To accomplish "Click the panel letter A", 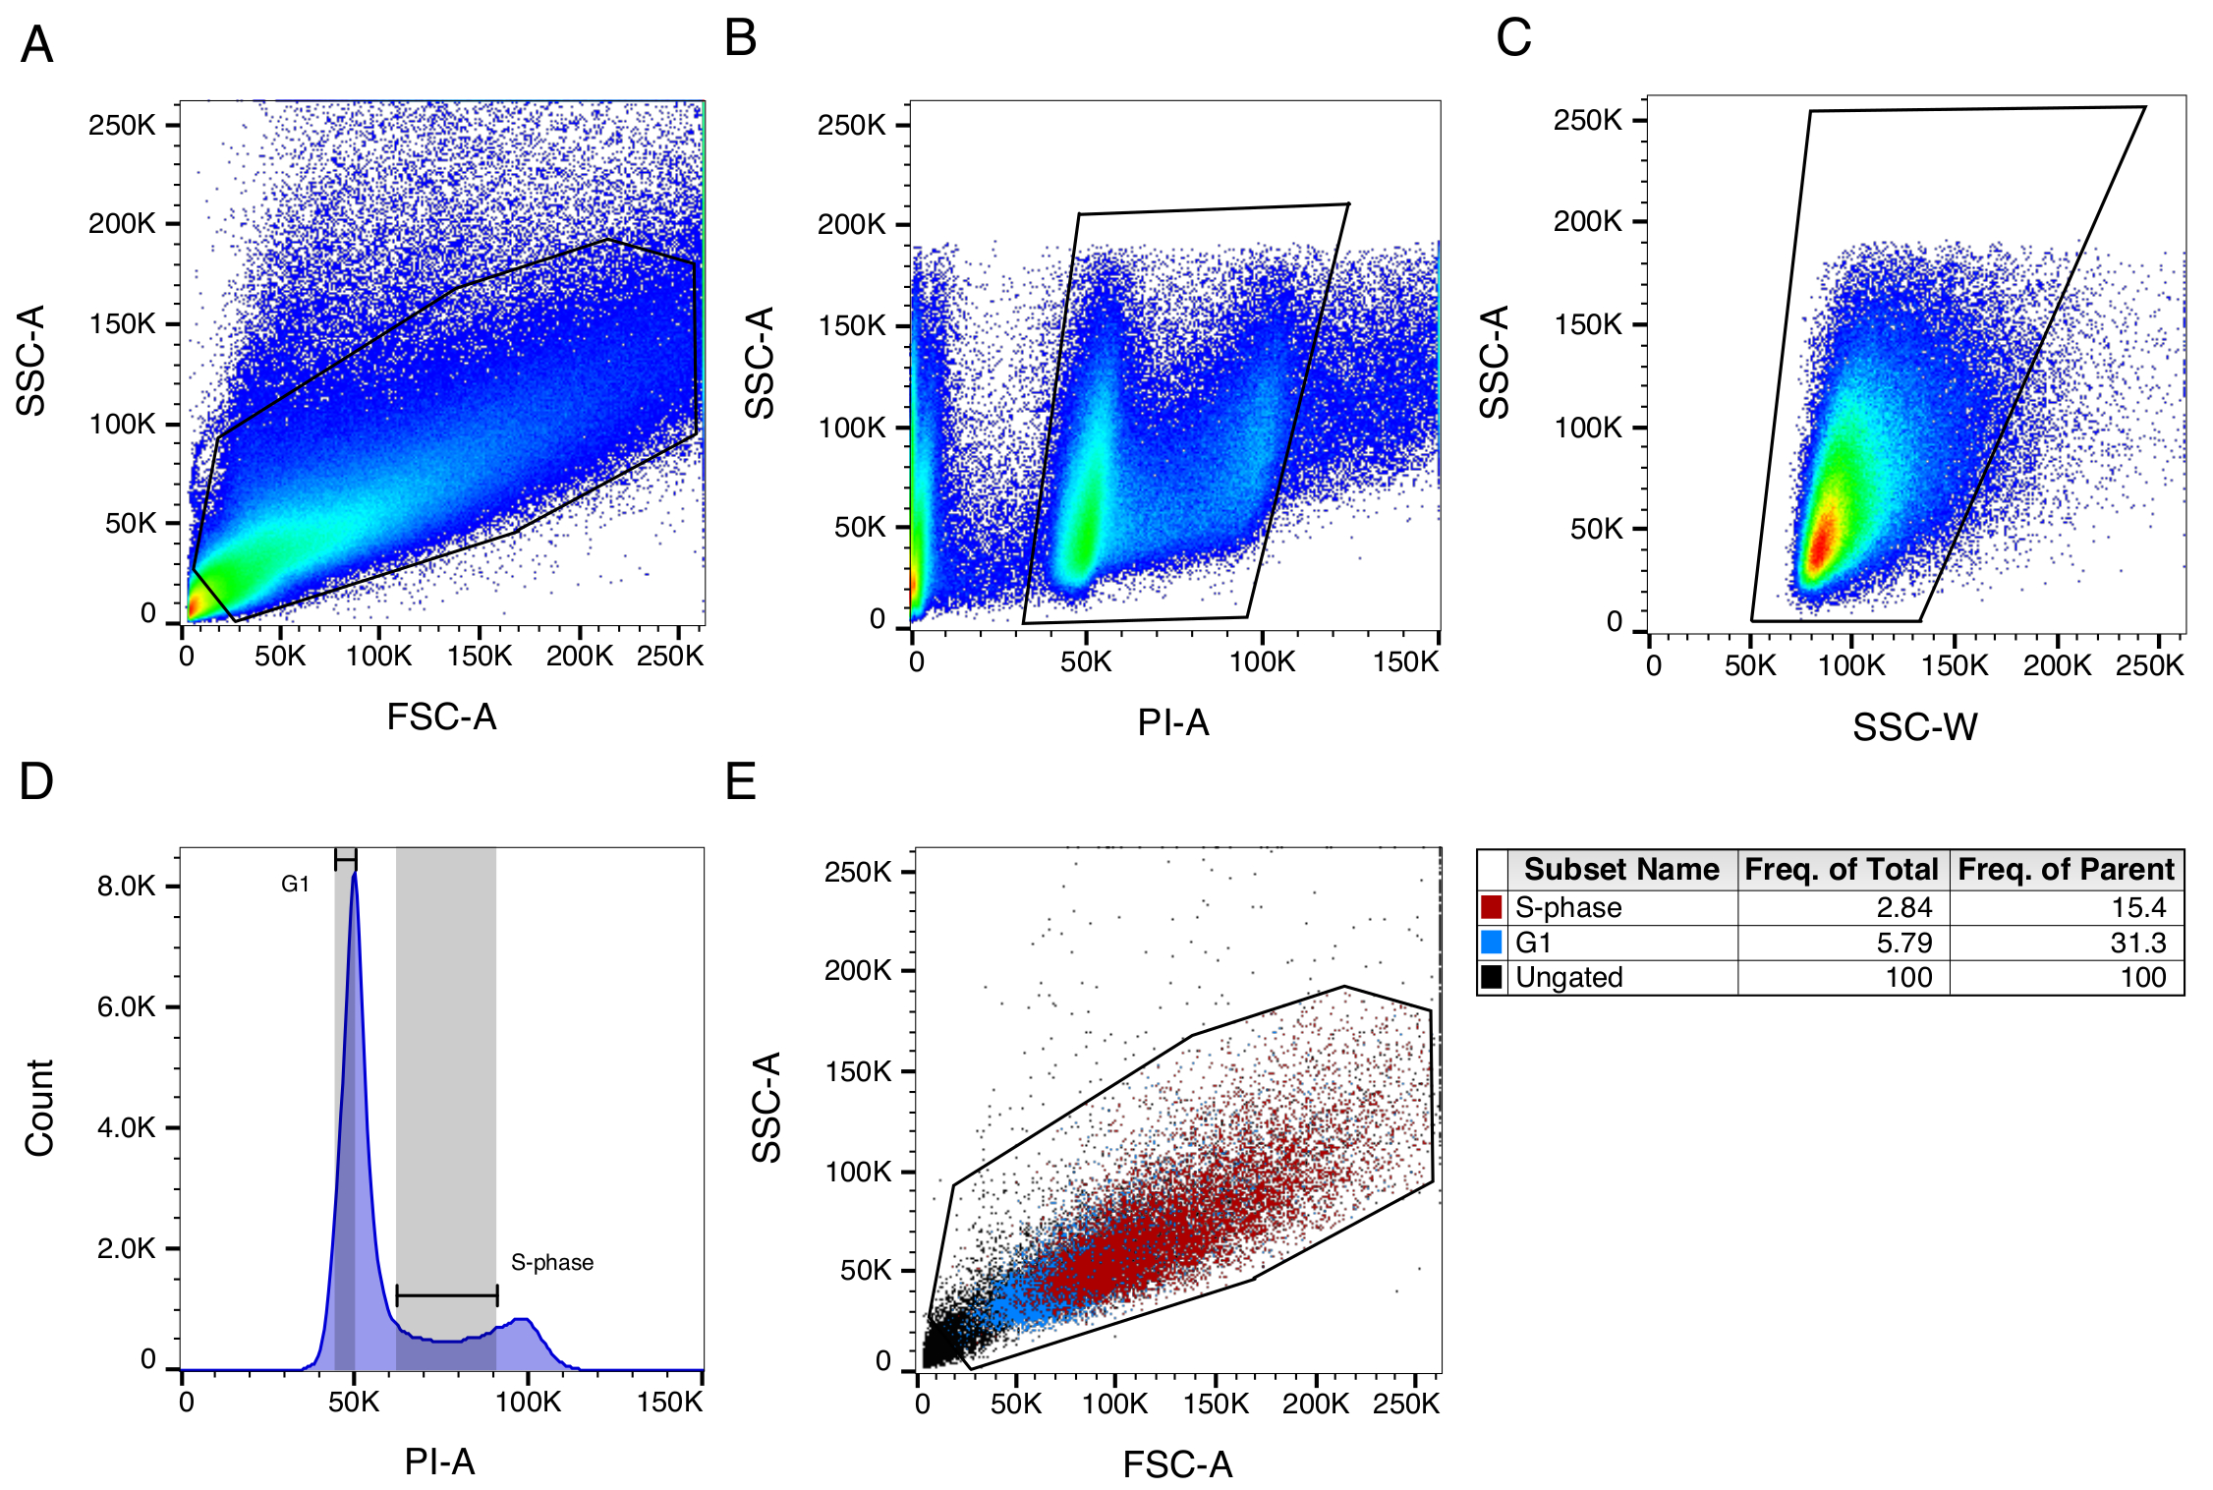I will tap(37, 45).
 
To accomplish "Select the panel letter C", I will tap(1513, 38).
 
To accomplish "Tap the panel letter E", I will tap(740, 782).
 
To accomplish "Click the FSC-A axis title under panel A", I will tap(441, 717).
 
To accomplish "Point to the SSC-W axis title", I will tap(1914, 727).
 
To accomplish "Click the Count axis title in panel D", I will tap(39, 1108).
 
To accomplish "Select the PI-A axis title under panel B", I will tap(1172, 722).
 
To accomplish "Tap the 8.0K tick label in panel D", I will tap(126, 887).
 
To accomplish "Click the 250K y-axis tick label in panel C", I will tap(1587, 120).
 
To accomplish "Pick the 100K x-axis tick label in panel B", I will tap(1262, 662).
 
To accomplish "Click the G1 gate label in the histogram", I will tap(295, 885).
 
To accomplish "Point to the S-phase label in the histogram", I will tap(552, 1263).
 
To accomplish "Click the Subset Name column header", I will tap(1621, 870).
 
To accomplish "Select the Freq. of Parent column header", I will tap(2066, 870).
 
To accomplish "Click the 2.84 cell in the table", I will tap(1903, 907).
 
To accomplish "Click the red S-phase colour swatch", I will tap(1491, 907).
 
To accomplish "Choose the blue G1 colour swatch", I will tap(1491, 943).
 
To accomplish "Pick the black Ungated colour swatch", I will tap(1491, 977).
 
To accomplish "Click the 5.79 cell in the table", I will tap(1903, 943).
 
